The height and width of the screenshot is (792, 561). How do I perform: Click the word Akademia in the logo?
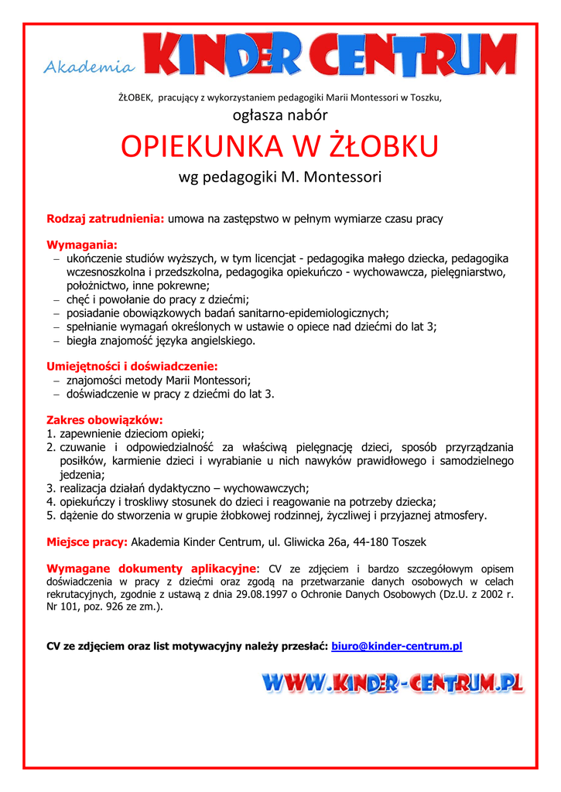click(88, 68)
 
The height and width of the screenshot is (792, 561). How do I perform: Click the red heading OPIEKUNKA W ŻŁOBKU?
click(280, 145)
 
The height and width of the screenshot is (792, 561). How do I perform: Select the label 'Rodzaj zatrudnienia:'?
click(106, 219)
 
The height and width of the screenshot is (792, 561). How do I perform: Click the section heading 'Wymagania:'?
click(82, 245)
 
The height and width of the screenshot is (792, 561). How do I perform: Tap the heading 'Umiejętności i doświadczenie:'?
click(132, 366)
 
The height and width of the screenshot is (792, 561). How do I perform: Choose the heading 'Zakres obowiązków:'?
click(104, 420)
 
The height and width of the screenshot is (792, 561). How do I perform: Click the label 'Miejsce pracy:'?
click(87, 541)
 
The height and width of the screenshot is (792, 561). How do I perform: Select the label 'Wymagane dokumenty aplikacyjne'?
click(151, 568)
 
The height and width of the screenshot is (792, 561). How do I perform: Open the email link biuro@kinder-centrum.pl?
click(396, 646)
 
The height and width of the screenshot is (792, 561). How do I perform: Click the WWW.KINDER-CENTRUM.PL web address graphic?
click(392, 683)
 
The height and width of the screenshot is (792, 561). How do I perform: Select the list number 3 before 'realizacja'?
click(50, 488)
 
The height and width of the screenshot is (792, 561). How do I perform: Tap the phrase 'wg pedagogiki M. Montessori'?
click(280, 177)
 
